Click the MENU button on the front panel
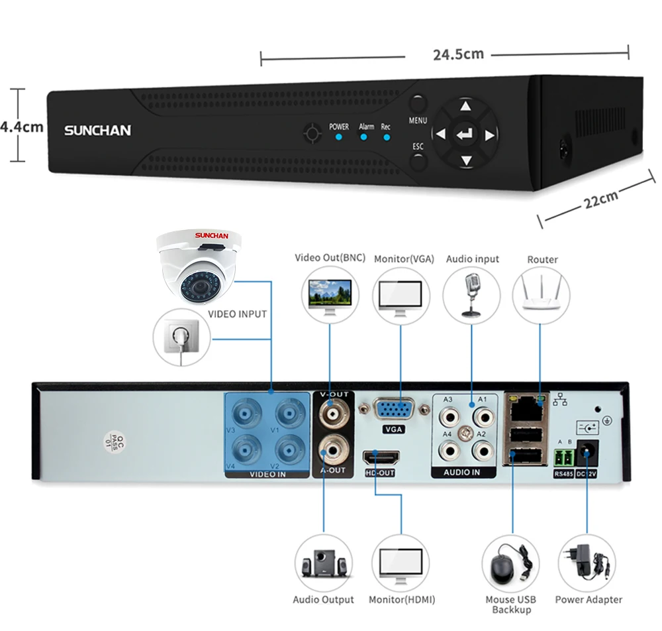[x=418, y=103]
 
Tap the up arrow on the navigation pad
[x=465, y=105]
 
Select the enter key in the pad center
[x=465, y=135]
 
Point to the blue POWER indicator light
[x=338, y=137]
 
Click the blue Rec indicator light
[x=387, y=137]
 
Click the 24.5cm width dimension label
[x=459, y=54]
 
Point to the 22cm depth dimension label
[x=601, y=199]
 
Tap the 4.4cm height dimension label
[x=22, y=127]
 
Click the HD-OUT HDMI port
[x=381, y=457]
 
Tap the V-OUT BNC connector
[x=334, y=414]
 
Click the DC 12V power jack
[x=587, y=453]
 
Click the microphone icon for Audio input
[x=471, y=294]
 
